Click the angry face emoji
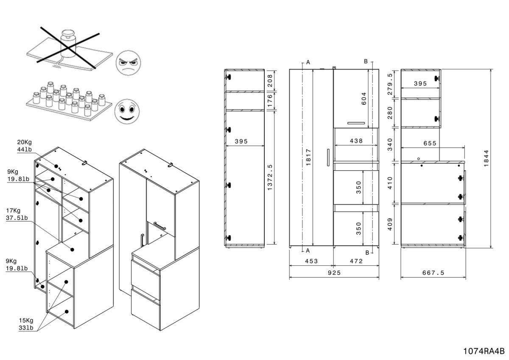128,63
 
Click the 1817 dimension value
308,158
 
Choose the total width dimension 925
334,273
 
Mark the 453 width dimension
311,261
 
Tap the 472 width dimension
356,261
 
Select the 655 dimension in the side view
430,143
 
